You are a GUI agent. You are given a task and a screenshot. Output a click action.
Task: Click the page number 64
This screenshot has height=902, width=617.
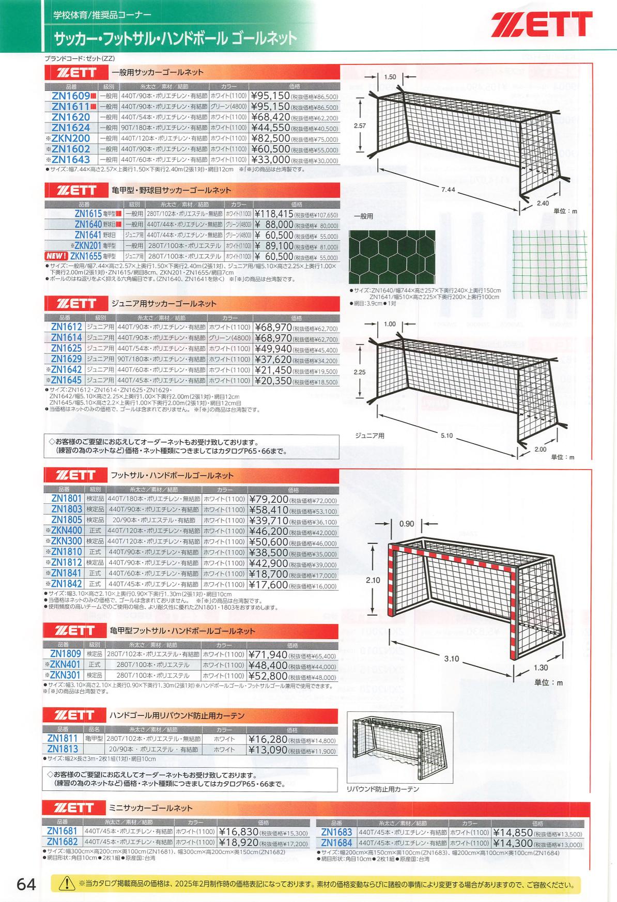[26, 884]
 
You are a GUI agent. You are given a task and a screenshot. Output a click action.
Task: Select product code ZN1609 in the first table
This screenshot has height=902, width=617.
[71, 96]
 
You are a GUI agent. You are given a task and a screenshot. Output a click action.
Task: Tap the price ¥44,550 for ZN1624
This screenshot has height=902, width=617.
[270, 128]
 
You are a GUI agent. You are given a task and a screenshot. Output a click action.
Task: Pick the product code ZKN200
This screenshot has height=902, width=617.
[71, 138]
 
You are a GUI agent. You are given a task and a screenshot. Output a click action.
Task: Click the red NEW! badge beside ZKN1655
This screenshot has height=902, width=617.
[57, 256]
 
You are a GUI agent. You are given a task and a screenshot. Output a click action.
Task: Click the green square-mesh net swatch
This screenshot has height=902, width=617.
[550, 265]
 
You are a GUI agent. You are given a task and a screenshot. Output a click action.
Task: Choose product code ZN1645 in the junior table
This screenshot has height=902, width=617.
[67, 381]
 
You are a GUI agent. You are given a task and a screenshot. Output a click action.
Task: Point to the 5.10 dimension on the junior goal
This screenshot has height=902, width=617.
[446, 436]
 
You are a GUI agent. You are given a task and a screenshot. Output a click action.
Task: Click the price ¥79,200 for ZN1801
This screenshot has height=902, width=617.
[268, 499]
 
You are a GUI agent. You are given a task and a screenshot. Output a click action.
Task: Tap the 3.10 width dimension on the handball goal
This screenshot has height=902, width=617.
[451, 659]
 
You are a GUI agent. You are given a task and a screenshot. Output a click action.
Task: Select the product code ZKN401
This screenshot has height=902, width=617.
[67, 665]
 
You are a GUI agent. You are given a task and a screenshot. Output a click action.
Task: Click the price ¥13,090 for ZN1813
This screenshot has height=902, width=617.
[267, 749]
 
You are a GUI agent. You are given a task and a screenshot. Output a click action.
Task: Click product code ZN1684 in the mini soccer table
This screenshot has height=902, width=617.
[336, 844]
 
